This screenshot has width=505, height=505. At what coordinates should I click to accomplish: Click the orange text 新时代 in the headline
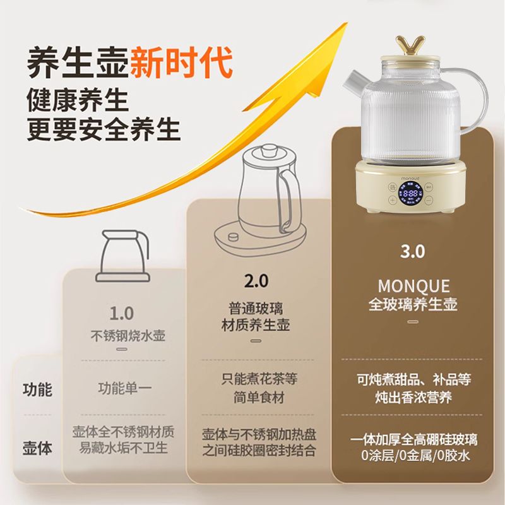(181, 62)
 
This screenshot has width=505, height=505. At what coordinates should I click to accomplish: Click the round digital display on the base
(410, 193)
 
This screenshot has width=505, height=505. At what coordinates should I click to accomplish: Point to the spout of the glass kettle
(353, 81)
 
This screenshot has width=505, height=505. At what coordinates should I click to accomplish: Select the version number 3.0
(413, 251)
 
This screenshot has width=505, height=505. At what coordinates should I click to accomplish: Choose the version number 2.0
(256, 281)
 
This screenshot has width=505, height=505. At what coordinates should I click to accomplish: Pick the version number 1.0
(122, 313)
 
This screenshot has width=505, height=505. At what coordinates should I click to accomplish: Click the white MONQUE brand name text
(413, 286)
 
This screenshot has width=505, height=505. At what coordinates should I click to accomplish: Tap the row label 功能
(37, 389)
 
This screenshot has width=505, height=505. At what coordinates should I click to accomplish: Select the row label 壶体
(37, 448)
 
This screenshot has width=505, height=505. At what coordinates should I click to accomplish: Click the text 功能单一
(125, 388)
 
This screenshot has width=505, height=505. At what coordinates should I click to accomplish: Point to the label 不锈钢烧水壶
(128, 336)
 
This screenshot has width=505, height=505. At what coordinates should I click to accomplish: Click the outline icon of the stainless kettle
(123, 256)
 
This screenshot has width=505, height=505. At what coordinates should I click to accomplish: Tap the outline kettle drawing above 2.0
(260, 199)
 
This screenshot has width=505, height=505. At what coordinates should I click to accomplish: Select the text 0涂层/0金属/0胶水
(415, 456)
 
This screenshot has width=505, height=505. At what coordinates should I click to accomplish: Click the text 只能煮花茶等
(259, 379)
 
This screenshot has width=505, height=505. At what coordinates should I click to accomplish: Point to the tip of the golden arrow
(347, 23)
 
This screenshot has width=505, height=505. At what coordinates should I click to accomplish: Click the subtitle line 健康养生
(78, 101)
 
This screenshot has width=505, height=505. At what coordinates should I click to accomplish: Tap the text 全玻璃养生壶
(413, 304)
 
